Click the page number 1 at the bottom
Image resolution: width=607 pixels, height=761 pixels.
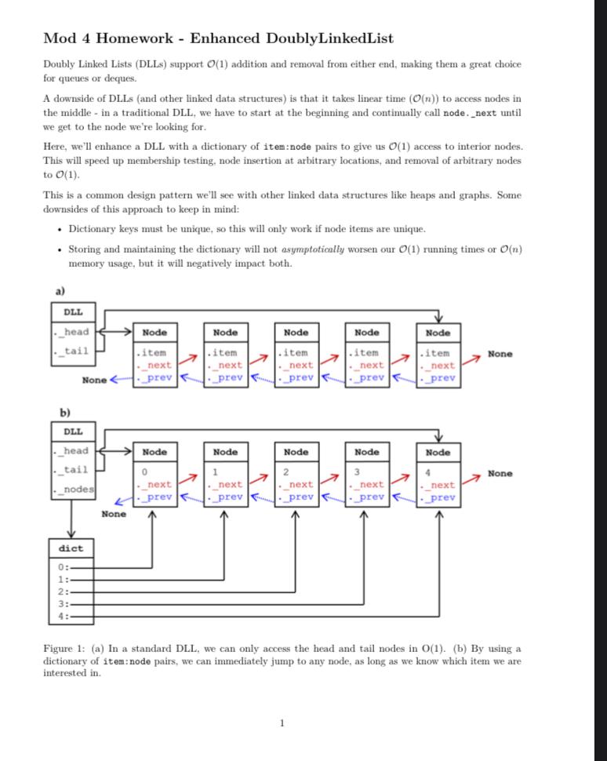click(x=282, y=723)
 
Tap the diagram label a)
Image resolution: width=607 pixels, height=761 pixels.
click(x=60, y=291)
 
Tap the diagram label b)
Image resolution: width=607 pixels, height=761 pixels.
click(x=64, y=412)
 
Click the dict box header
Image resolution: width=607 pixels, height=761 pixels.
click(x=71, y=548)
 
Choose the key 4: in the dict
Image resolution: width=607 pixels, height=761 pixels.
click(x=63, y=616)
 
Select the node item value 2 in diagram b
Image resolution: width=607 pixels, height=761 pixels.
click(x=286, y=472)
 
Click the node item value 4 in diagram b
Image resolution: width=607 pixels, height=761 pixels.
click(x=427, y=472)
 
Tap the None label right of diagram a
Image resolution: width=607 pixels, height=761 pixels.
click(x=500, y=354)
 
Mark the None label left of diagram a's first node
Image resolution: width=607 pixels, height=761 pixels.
click(x=94, y=380)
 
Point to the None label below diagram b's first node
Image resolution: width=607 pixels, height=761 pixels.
click(x=113, y=514)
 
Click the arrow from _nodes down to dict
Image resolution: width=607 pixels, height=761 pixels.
click(x=71, y=518)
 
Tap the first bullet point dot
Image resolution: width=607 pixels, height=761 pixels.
click(x=60, y=229)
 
